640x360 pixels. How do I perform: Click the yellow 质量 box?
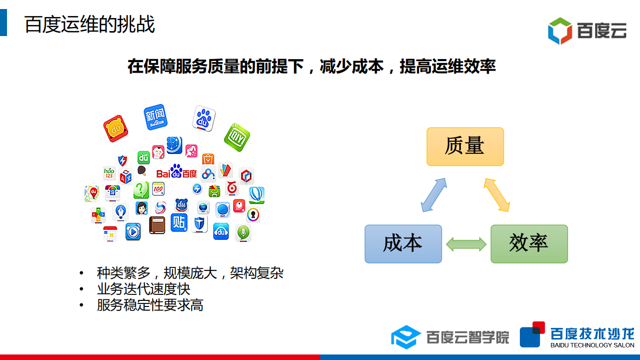pyautogui.click(x=465, y=146)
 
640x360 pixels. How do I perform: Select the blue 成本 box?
pyautogui.click(x=403, y=244)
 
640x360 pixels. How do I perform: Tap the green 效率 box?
pyautogui.click(x=529, y=244)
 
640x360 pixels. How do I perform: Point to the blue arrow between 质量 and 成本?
pyautogui.click(x=433, y=195)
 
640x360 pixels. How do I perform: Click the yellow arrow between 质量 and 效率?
pyautogui.click(x=497, y=195)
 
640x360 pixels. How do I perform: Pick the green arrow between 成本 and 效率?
pyautogui.click(x=466, y=244)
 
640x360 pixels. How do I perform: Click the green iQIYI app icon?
pyautogui.click(x=237, y=137)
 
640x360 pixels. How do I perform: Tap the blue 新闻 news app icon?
pyautogui.click(x=155, y=117)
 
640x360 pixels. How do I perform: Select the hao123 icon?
pyautogui.click(x=109, y=173)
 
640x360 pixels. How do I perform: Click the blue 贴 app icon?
pyautogui.click(x=179, y=222)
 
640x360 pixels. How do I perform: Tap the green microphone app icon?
pyautogui.click(x=243, y=233)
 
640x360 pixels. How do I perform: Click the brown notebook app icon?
pyautogui.click(x=157, y=225)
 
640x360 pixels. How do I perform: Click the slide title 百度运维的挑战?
pyautogui.click(x=90, y=25)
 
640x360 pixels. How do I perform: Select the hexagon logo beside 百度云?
pyautogui.click(x=559, y=31)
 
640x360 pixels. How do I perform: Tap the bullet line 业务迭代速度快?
pyautogui.click(x=144, y=289)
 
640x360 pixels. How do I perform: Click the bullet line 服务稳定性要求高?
pyautogui.click(x=150, y=305)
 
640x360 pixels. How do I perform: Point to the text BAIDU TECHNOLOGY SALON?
pyautogui.click(x=592, y=345)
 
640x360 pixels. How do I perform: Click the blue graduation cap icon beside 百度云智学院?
pyautogui.click(x=406, y=337)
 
